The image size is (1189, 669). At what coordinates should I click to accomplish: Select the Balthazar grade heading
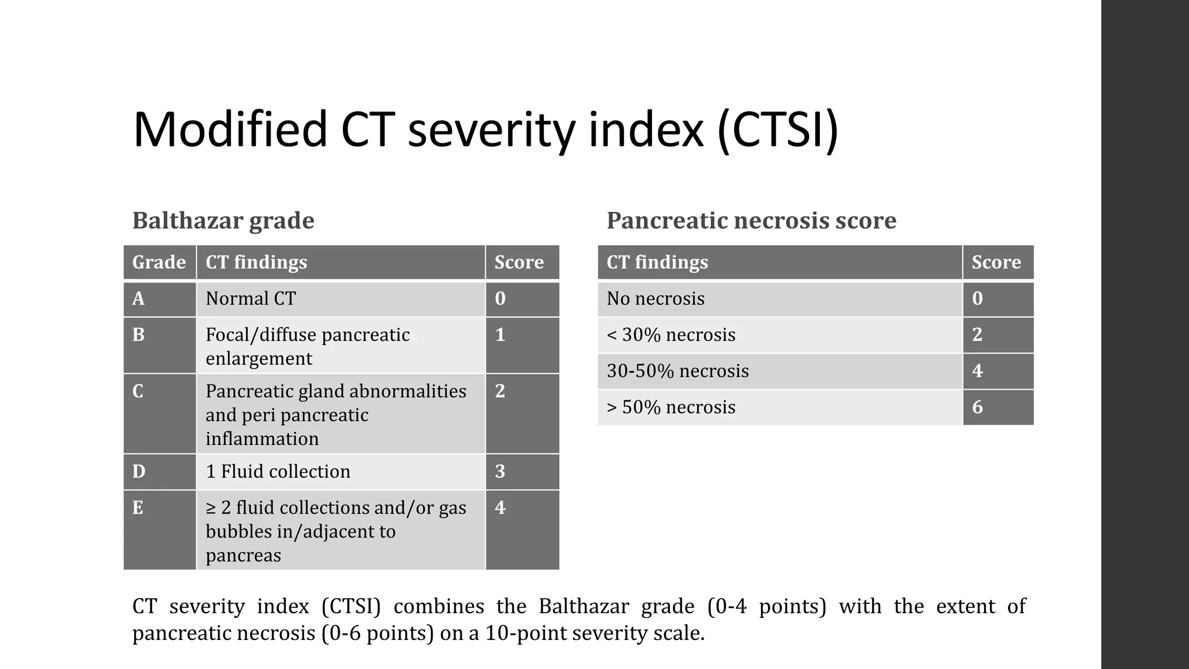223,221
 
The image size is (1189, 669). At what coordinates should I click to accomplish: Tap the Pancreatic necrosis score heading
751,221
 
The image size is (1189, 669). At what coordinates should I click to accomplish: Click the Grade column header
159,262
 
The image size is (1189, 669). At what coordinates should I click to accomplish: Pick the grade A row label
138,298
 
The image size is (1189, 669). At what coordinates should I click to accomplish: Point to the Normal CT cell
251,298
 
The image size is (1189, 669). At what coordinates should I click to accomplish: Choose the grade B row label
138,335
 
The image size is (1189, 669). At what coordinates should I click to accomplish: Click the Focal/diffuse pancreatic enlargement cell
308,346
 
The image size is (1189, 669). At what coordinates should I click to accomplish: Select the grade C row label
138,391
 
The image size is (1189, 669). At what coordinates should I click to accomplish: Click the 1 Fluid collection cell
278,472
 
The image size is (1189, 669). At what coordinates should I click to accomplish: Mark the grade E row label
138,508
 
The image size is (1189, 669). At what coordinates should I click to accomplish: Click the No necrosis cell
655,298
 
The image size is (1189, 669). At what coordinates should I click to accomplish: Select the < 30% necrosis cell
671,335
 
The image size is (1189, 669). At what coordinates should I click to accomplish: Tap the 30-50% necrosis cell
678,371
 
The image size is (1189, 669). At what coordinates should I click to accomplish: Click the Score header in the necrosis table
996,262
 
